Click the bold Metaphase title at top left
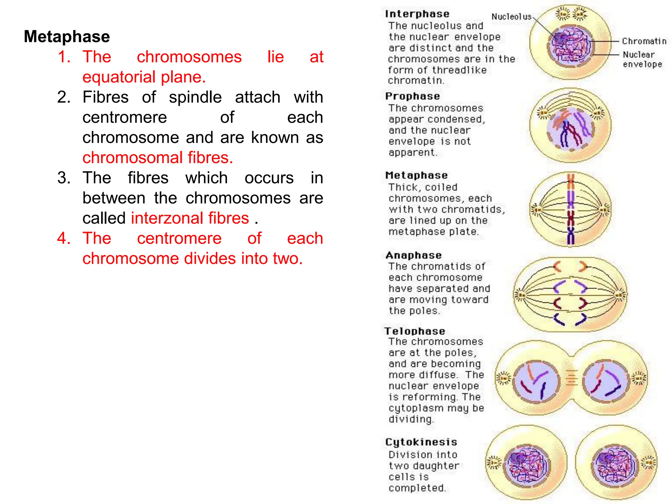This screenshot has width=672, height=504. click(67, 36)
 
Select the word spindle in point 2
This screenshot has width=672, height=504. click(195, 97)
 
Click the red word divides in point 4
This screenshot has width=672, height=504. click(210, 259)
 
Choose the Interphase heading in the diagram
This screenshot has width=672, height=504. click(417, 14)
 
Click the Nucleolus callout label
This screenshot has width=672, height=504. click(511, 16)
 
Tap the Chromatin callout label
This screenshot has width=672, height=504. click(644, 41)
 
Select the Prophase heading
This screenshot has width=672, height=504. click(412, 96)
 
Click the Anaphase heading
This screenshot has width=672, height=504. click(413, 255)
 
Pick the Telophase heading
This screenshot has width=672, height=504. click(415, 331)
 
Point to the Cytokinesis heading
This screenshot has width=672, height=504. click(421, 442)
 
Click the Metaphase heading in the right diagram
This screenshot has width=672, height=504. click(416, 175)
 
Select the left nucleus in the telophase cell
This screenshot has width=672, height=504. click(535, 383)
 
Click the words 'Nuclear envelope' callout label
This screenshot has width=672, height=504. click(642, 59)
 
